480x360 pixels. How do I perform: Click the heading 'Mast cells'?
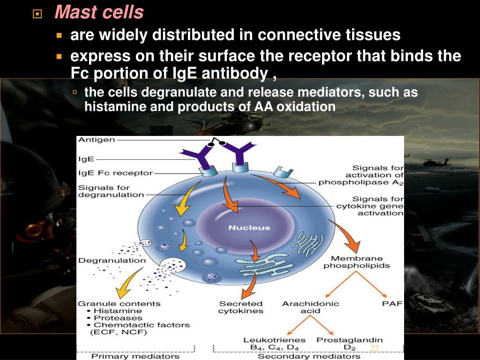click(98, 13)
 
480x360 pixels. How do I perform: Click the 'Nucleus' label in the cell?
click(249, 228)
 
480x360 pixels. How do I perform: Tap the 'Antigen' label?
click(96, 140)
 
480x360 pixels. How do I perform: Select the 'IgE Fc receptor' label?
click(115, 173)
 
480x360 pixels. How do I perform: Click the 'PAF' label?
click(392, 304)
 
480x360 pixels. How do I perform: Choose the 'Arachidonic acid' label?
click(310, 307)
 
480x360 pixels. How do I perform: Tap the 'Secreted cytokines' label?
click(240, 307)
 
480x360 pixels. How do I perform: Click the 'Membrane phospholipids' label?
click(357, 262)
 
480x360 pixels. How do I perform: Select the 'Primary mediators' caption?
click(135, 356)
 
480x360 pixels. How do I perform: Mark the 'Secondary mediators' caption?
click(309, 356)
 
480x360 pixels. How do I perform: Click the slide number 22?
click(374, 348)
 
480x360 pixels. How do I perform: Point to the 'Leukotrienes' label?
click(274, 340)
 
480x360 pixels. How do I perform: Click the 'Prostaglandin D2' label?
click(350, 343)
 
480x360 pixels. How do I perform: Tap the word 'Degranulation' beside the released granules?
click(112, 260)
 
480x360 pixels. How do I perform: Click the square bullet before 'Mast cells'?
click(37, 14)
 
